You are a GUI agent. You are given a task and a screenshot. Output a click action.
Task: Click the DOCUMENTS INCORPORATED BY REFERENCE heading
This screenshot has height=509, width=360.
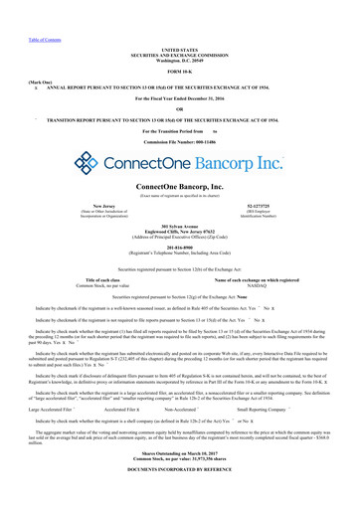point(180,494)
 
